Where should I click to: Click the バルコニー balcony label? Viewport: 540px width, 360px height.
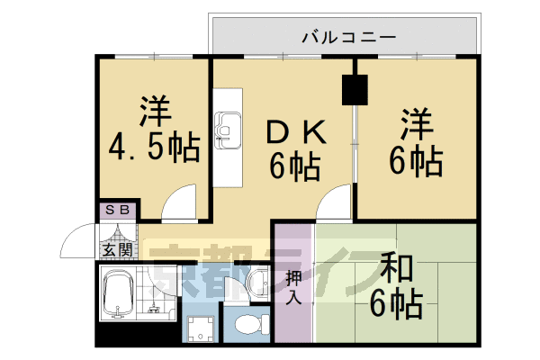[x=346, y=38]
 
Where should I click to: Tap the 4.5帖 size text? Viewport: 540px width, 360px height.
[x=153, y=147]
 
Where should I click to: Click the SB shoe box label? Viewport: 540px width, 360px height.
[x=117, y=211]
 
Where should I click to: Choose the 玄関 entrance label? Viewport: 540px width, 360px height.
[x=116, y=249]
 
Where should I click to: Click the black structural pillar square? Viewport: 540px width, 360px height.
[x=355, y=89]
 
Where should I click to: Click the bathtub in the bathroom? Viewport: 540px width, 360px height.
[x=118, y=293]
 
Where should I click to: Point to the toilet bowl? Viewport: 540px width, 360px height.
[x=245, y=321]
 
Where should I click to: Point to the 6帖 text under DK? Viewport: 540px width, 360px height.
[x=295, y=166]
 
